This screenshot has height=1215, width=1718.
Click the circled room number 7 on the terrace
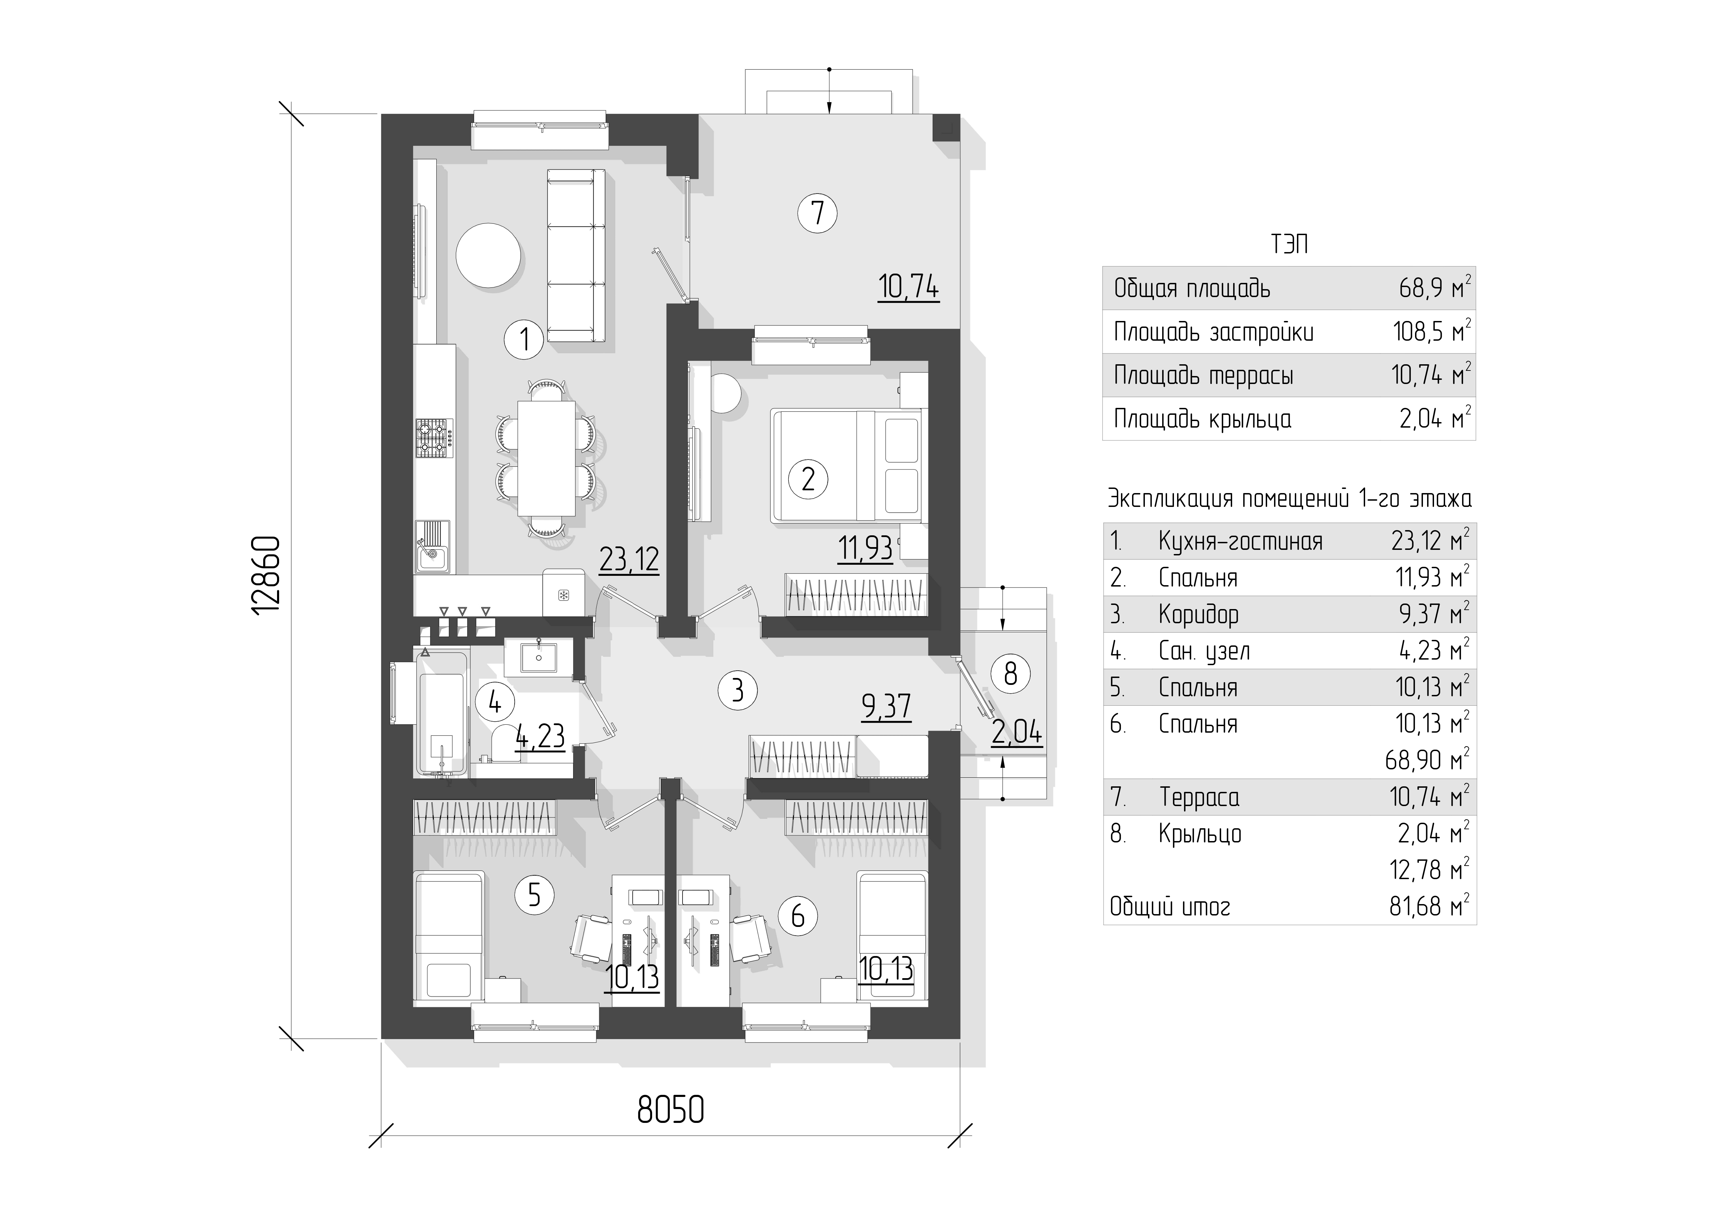click(x=817, y=213)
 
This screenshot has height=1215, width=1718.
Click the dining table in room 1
click(x=546, y=458)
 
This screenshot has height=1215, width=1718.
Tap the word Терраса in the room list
click(x=1200, y=797)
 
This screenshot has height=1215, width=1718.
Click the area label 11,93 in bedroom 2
click(x=866, y=548)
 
